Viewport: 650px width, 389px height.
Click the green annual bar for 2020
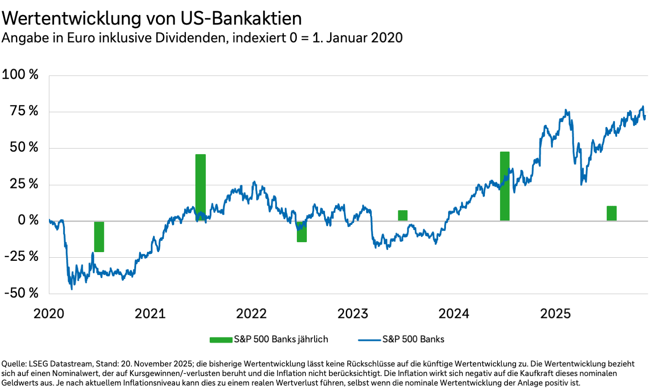(99, 237)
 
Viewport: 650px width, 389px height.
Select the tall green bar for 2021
(201, 187)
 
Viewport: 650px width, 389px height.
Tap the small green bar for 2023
(403, 215)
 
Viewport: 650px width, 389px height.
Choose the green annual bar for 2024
(505, 186)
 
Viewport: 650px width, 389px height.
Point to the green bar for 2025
(611, 213)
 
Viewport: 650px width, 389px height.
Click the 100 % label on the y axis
(20, 75)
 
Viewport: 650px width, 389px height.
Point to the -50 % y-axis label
(22, 293)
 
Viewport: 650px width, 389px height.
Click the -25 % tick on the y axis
(22, 256)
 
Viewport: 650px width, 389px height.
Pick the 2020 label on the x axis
(49, 314)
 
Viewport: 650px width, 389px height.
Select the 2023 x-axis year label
(353, 314)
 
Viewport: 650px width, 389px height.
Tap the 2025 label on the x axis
(555, 314)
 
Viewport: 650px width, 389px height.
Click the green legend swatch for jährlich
(221, 340)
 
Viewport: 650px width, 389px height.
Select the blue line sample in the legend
(370, 340)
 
